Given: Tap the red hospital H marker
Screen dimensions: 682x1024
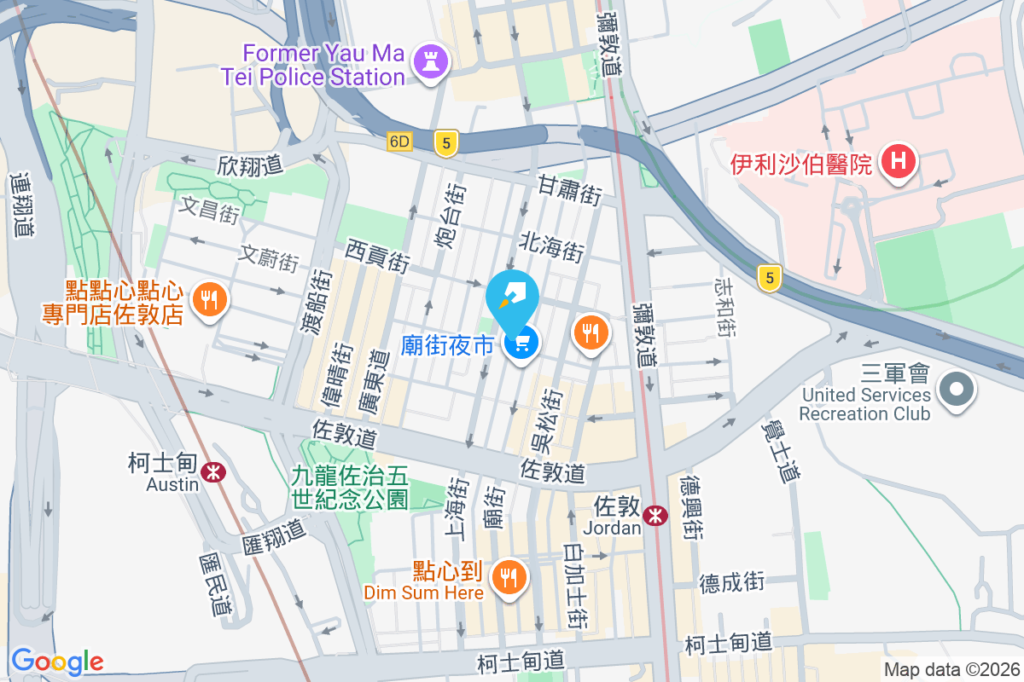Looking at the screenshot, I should click(x=898, y=161).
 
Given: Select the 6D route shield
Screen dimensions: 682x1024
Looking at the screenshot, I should click(x=399, y=142).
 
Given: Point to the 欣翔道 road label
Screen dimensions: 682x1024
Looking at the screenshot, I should click(x=250, y=165).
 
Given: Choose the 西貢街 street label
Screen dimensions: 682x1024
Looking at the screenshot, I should click(x=378, y=255).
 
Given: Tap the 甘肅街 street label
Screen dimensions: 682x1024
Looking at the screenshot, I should click(x=569, y=190).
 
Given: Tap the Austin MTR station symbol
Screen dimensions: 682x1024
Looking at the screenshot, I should click(x=212, y=471).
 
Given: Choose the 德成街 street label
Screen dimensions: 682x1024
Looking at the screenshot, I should click(x=731, y=583).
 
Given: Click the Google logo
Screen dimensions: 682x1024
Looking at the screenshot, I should click(x=57, y=662).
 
